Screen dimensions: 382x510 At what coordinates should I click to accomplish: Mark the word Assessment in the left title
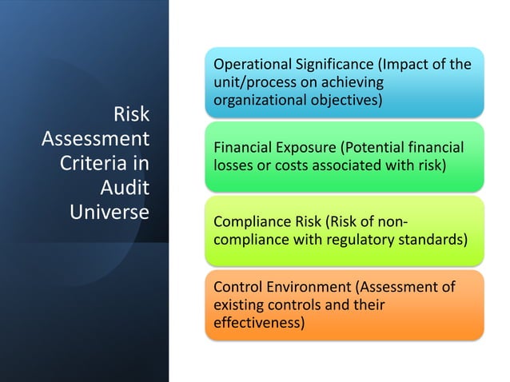95,140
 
